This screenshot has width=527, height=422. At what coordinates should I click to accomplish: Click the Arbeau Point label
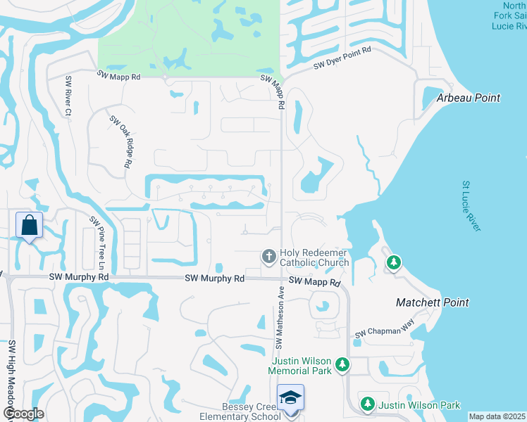469,98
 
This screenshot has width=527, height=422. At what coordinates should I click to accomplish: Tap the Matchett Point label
433,302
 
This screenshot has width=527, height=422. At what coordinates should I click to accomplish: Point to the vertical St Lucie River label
471,206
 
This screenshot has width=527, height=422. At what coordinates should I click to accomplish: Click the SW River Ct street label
68,96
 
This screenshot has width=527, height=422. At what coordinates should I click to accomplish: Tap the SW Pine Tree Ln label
97,243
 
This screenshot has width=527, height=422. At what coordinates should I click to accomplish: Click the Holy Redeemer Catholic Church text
314,257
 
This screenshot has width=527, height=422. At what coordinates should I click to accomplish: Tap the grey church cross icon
268,256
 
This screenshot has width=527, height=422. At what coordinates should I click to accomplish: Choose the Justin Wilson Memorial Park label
301,365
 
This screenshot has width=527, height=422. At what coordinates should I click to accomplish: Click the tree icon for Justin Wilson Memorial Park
342,364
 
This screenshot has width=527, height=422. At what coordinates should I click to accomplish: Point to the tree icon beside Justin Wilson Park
367,404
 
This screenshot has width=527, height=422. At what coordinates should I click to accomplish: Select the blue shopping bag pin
29,226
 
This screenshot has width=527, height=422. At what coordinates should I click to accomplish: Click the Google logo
23,414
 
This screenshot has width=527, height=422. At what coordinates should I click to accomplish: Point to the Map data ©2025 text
497,416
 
